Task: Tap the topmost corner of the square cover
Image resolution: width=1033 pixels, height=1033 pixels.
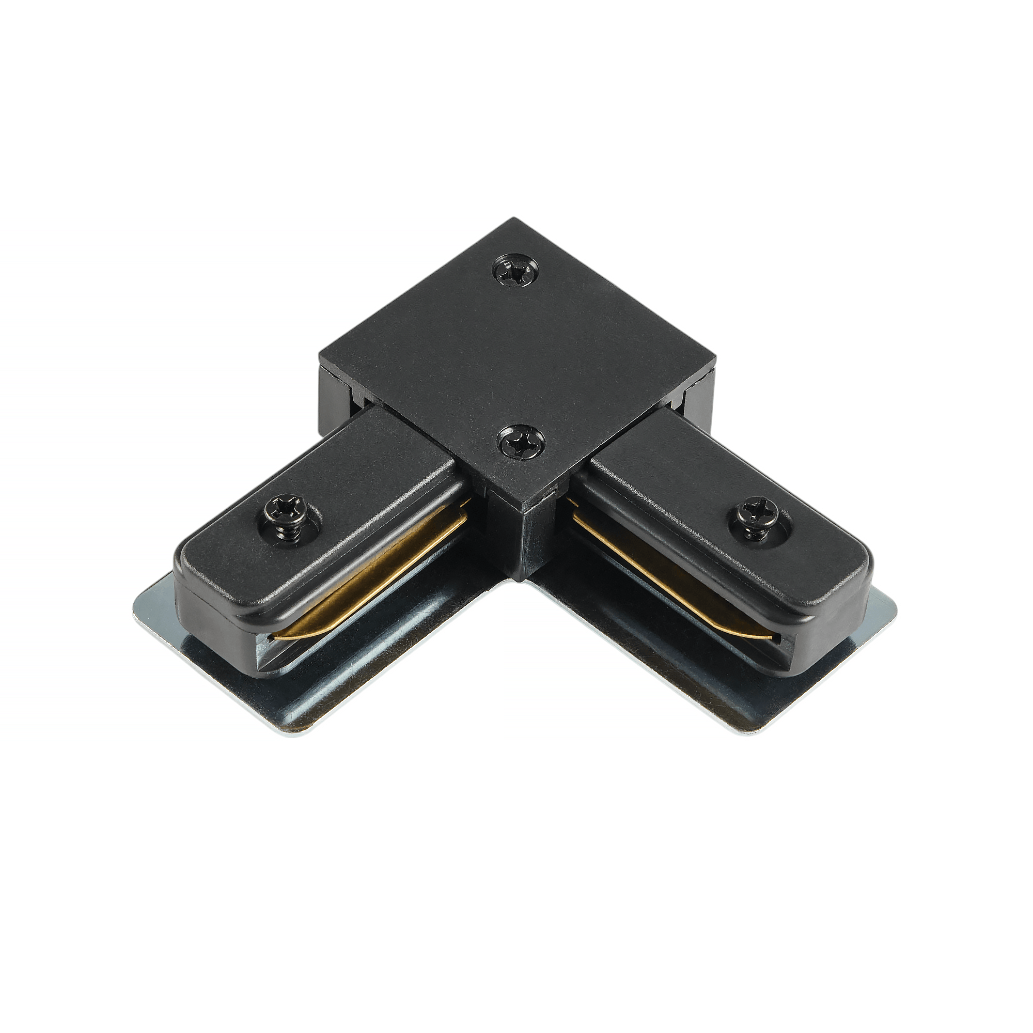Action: point(514,218)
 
